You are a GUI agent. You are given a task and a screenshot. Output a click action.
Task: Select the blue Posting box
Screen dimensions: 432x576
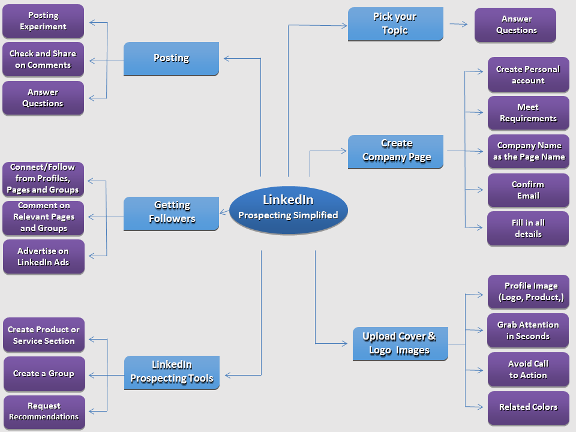(x=171, y=58)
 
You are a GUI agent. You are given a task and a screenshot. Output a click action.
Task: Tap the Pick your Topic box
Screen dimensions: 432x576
(x=395, y=24)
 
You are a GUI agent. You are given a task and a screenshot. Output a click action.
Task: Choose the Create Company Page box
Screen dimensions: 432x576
(x=396, y=151)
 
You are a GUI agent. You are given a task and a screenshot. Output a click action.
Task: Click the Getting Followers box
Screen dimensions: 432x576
(x=171, y=212)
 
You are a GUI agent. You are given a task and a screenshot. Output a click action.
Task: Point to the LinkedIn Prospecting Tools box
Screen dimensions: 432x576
(x=172, y=372)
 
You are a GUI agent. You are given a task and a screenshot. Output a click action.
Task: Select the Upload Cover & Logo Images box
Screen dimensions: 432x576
(x=399, y=344)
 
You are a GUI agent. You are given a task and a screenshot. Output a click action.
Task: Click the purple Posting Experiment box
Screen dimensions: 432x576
(x=43, y=21)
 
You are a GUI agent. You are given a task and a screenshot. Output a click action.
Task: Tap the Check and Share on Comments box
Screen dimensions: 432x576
(x=43, y=59)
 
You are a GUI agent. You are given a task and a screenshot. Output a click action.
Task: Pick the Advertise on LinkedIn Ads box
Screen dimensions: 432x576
(x=43, y=257)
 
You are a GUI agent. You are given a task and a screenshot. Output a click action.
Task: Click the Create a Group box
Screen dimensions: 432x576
(x=44, y=373)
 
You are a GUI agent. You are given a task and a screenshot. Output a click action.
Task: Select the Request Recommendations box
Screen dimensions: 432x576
(x=44, y=412)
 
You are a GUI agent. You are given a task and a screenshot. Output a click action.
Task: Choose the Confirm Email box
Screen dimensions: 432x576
(x=528, y=190)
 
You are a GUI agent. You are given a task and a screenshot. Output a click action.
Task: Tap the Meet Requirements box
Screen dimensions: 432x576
(x=528, y=113)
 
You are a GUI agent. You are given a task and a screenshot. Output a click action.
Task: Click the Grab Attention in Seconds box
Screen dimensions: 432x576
(x=528, y=331)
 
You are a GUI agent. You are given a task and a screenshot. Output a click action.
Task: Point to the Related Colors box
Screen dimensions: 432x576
(x=528, y=407)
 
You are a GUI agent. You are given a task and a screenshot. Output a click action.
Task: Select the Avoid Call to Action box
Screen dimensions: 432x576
(x=528, y=370)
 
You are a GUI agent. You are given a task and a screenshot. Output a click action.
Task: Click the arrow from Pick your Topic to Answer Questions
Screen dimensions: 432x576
(x=459, y=25)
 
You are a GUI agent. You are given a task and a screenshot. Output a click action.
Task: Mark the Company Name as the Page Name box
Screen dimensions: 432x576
(x=528, y=151)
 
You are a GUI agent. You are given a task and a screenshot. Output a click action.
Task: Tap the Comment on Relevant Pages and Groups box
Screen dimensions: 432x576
(x=43, y=217)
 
